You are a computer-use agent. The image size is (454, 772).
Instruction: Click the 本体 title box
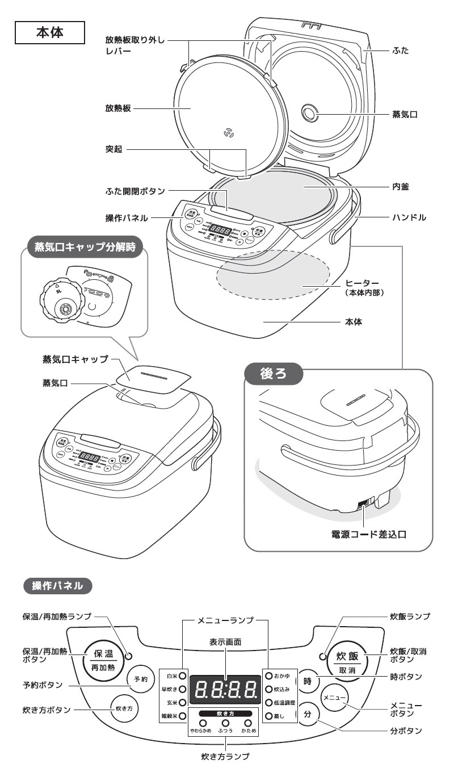coord(50,33)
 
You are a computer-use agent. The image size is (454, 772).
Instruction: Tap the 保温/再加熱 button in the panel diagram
coord(103,658)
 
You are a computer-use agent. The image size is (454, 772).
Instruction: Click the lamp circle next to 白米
coord(183,676)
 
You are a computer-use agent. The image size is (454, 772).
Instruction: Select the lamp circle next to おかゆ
coord(268,676)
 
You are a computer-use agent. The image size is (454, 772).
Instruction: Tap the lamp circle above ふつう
coord(225,723)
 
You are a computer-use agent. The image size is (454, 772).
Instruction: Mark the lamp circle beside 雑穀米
coord(183,717)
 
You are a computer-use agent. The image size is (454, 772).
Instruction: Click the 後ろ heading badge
coord(274,374)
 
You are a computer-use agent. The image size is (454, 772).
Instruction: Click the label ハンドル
coord(409,217)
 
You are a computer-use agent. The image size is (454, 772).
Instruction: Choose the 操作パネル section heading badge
coord(57,585)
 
